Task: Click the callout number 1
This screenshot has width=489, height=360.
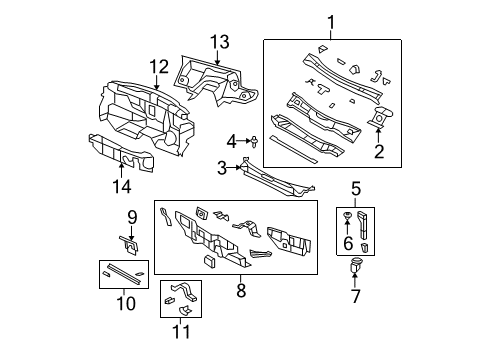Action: coord(331,23)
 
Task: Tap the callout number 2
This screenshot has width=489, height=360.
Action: coord(378,151)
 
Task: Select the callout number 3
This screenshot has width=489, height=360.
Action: coord(221,168)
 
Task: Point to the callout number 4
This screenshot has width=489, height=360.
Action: coord(230,140)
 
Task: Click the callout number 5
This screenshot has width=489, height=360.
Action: coord(355,186)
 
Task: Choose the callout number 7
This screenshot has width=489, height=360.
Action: coord(355,297)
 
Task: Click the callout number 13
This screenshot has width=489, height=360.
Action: coord(219,40)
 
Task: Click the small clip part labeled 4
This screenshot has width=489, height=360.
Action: coord(254,141)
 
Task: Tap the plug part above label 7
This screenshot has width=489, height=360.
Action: coord(355,266)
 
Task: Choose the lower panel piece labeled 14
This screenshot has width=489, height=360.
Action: coord(120,152)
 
